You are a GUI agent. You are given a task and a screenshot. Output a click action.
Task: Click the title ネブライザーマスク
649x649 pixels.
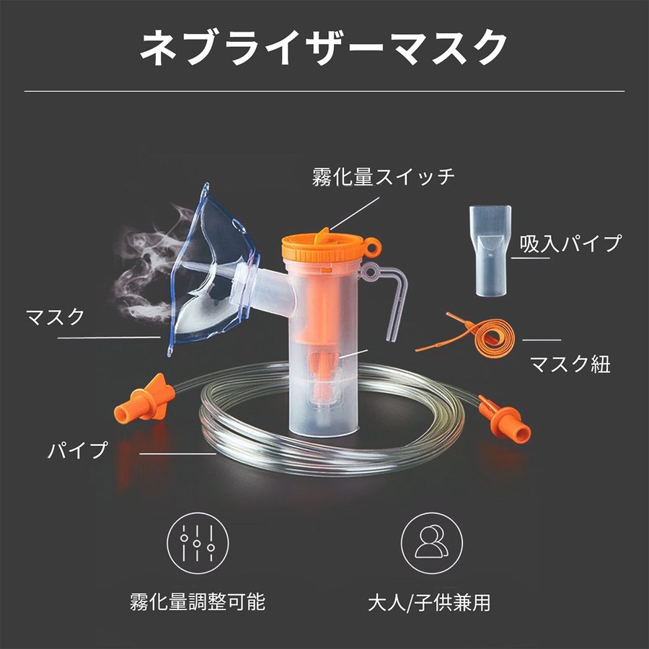tap(324, 48)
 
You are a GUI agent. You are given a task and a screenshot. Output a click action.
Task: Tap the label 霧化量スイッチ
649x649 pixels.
tap(384, 177)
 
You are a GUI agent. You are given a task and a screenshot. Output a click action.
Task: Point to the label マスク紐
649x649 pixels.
tap(570, 363)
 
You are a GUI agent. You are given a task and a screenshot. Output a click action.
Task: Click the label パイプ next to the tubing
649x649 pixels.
tap(78, 452)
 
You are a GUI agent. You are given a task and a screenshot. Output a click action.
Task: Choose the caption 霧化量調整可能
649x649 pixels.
tap(198, 601)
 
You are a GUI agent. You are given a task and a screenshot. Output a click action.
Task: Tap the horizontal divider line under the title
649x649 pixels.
tap(324, 92)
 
